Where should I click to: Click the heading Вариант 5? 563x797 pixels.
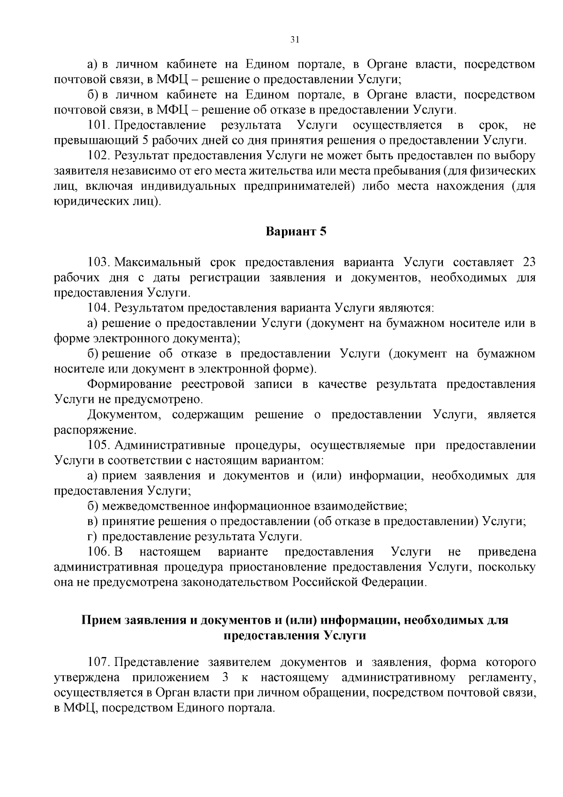tap(296, 232)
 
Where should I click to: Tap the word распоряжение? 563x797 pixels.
tap(95, 430)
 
